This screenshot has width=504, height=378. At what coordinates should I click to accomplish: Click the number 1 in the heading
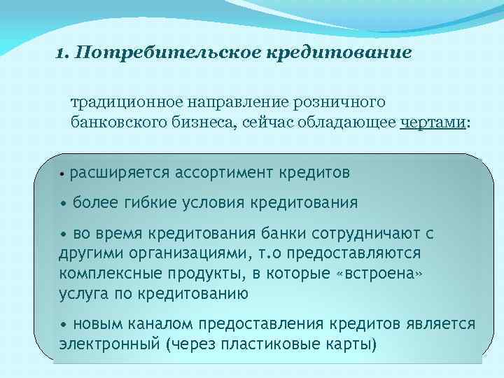point(60,54)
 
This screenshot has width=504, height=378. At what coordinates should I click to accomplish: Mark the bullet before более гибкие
point(64,203)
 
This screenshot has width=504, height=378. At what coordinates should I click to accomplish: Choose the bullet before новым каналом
point(64,324)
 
